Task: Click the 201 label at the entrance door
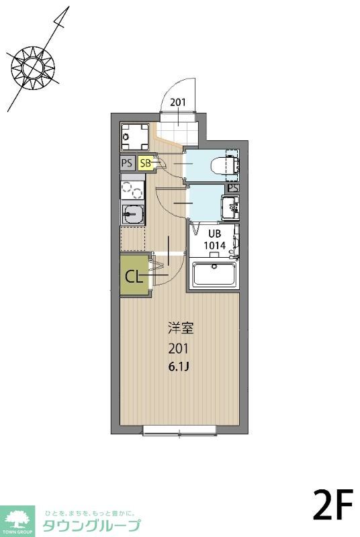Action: (x=178, y=103)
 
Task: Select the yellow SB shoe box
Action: (x=146, y=162)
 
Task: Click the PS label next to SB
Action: (x=127, y=162)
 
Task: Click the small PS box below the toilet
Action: (x=232, y=188)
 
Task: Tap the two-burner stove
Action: (x=132, y=190)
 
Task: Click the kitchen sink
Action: (x=132, y=214)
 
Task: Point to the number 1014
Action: (x=214, y=245)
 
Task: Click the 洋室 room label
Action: (x=180, y=329)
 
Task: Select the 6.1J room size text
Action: (x=179, y=367)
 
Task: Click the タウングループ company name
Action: (x=91, y=525)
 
